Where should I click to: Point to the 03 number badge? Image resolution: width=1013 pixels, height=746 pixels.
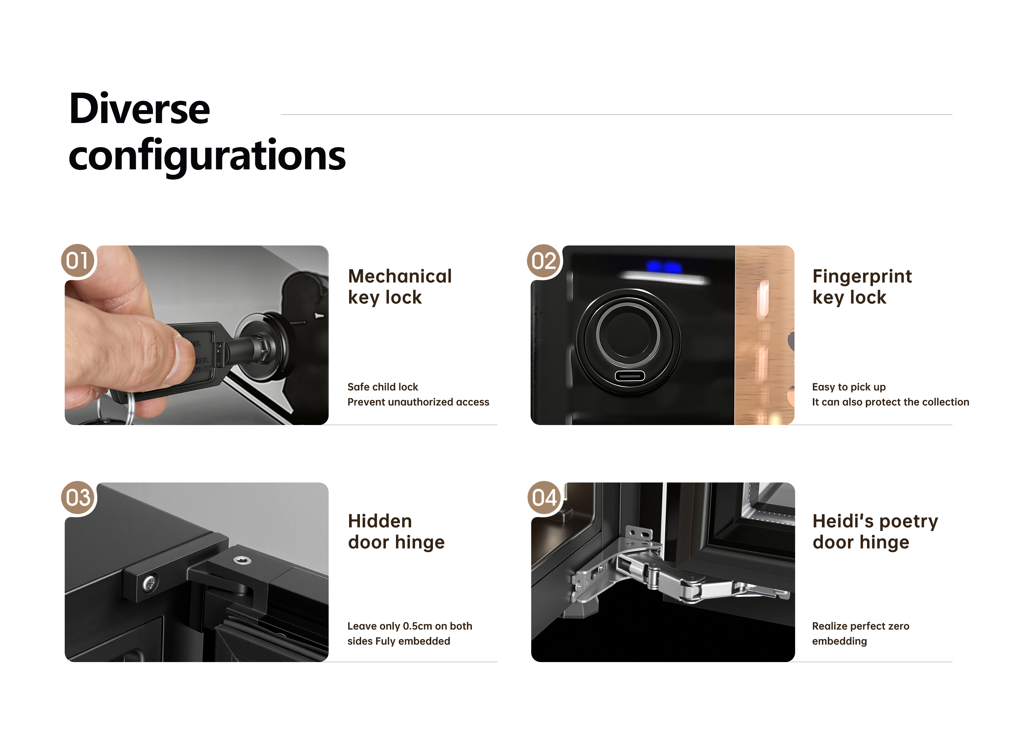(78, 498)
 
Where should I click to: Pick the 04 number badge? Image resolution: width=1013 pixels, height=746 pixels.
(544, 498)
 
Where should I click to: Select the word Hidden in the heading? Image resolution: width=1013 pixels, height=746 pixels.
(380, 521)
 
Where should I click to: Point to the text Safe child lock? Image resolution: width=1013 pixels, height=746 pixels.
(383, 387)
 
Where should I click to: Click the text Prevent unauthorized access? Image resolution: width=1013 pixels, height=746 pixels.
(418, 402)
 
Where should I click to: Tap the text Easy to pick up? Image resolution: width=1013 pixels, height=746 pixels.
(849, 387)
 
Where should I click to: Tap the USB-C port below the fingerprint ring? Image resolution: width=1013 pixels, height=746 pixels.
(629, 376)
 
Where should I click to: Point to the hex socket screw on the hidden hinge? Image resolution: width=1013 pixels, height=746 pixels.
(242, 560)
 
